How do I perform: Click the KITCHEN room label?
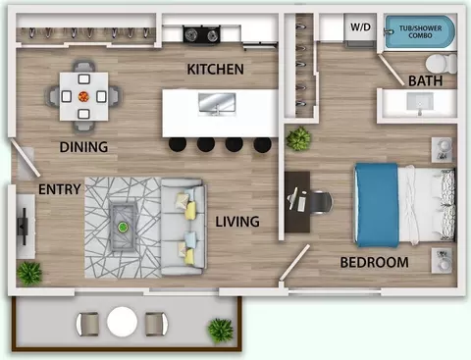[215, 70]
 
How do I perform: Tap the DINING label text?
[83, 147]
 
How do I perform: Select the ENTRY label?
[60, 189]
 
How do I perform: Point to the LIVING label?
[237, 222]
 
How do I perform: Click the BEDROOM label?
[374, 262]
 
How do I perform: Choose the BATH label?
[425, 80]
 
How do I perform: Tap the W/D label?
[360, 26]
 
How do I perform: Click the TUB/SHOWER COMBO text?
[420, 31]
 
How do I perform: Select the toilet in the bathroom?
[441, 64]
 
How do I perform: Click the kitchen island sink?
[217, 104]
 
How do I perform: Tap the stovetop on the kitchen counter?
[201, 34]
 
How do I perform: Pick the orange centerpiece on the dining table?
[83, 96]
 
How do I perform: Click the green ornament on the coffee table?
[123, 227]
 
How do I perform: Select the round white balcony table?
[122, 322]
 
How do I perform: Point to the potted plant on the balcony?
[221, 330]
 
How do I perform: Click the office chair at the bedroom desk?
[320, 203]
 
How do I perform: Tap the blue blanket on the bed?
[377, 205]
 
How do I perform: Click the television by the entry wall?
[23, 226]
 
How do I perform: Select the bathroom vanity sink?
[420, 103]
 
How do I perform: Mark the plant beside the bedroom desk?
[298, 138]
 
